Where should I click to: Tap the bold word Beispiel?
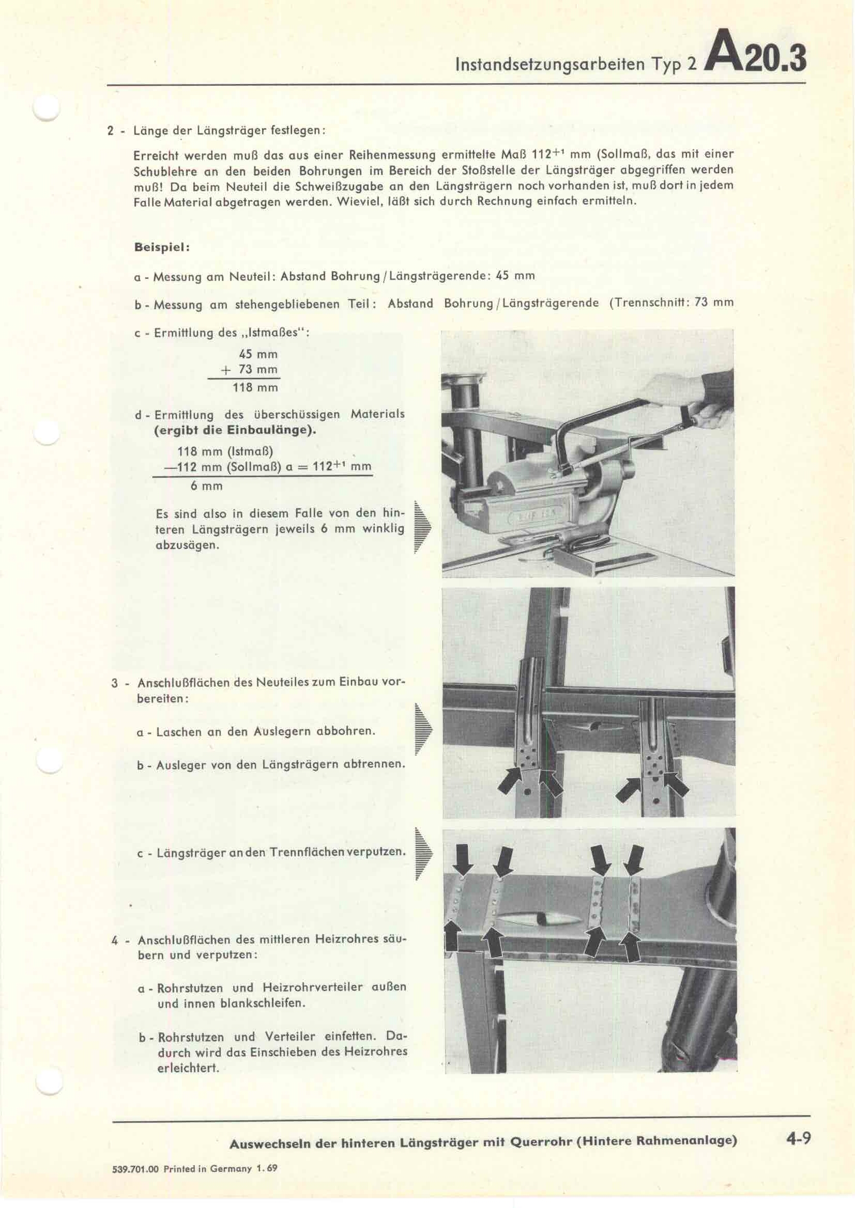[162, 247]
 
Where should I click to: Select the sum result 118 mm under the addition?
[255, 388]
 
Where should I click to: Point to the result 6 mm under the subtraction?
[206, 486]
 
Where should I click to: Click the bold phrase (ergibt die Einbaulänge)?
[236, 430]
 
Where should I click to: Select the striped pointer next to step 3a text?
[422, 729]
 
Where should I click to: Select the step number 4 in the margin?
[115, 940]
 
